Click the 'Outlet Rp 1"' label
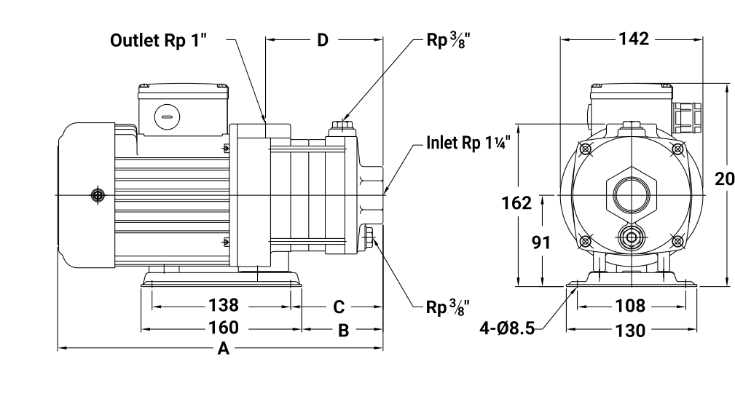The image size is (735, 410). [x=158, y=40]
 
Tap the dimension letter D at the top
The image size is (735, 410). [x=323, y=40]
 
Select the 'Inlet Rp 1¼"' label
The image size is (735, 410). [x=468, y=143]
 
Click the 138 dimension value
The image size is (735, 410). [x=224, y=306]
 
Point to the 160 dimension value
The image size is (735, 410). [x=224, y=328]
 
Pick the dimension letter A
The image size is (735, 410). [x=224, y=349]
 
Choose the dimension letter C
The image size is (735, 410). [x=339, y=307]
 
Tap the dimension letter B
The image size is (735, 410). [x=344, y=331]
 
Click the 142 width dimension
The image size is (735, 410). [x=634, y=39]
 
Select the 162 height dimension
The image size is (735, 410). [x=516, y=203]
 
